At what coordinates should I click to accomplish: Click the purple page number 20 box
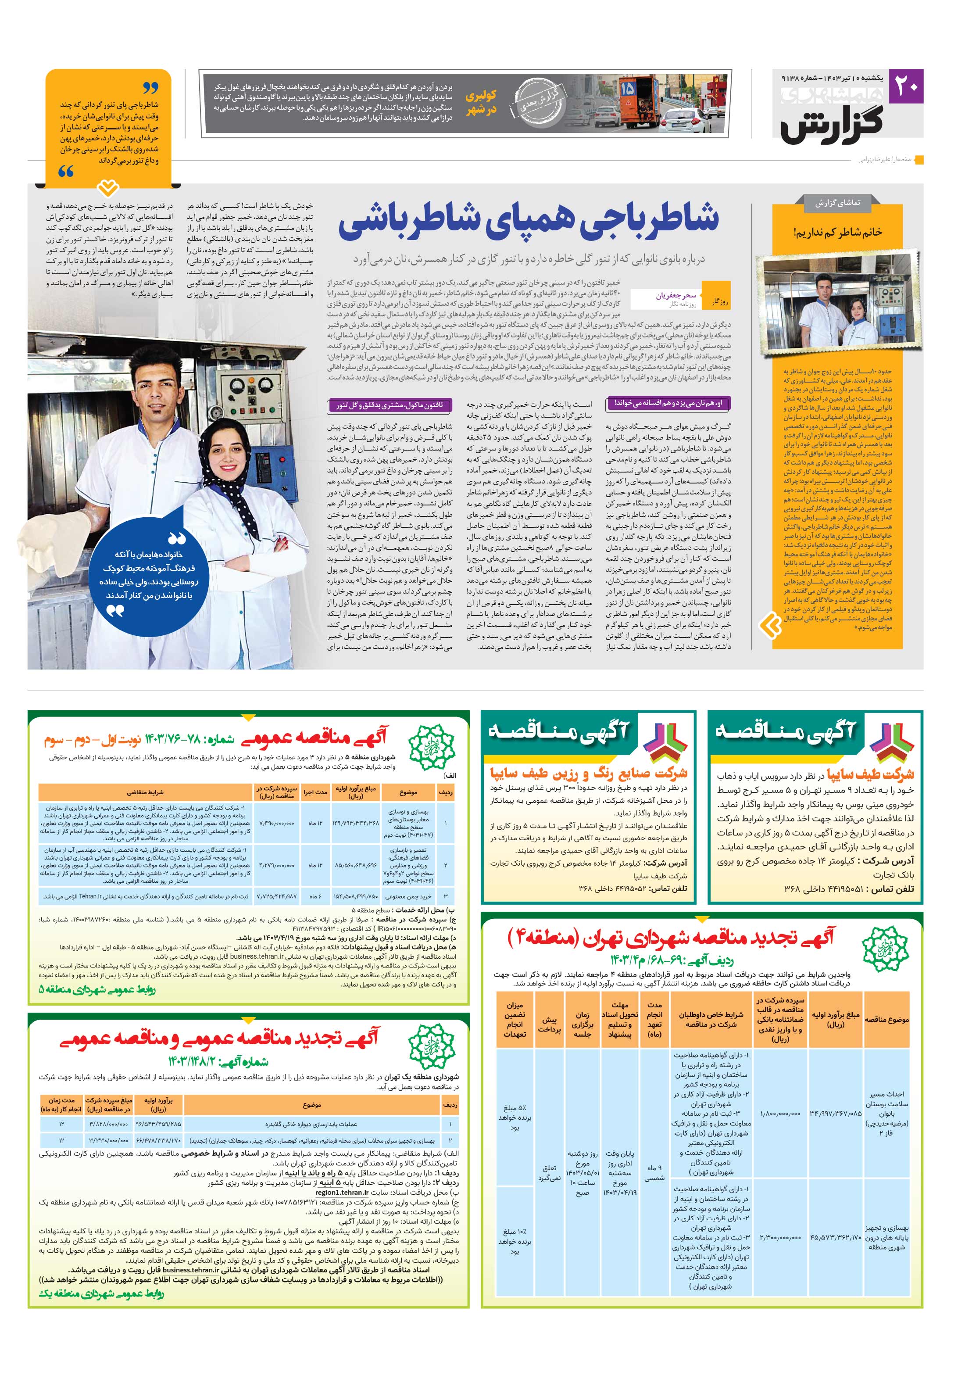(x=906, y=86)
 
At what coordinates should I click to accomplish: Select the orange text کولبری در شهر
(x=480, y=102)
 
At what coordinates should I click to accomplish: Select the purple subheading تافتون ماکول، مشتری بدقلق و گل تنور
(x=389, y=405)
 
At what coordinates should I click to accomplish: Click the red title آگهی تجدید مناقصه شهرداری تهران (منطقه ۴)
(x=672, y=938)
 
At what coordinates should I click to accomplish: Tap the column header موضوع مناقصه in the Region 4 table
(x=886, y=1019)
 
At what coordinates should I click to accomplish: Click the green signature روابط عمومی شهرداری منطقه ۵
(x=97, y=989)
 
